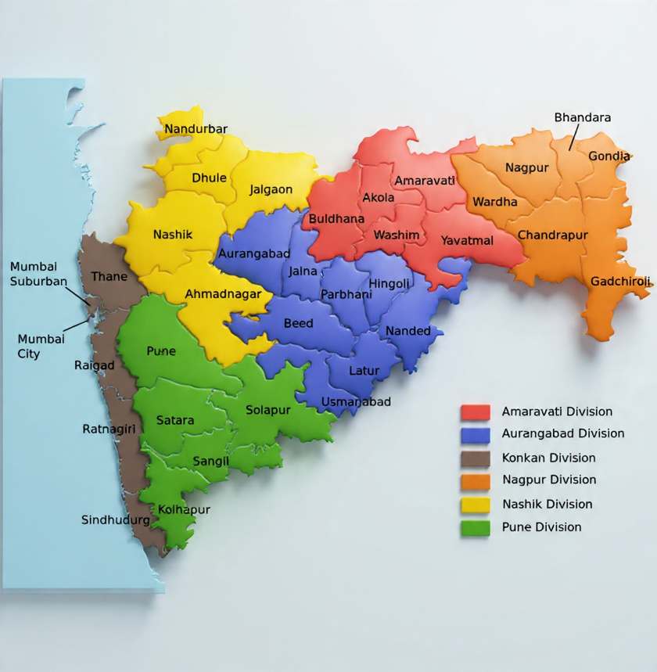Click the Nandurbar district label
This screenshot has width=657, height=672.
(x=196, y=129)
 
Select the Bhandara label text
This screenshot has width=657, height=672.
(x=583, y=117)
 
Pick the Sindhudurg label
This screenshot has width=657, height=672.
(x=116, y=519)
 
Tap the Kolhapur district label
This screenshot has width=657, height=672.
(x=184, y=509)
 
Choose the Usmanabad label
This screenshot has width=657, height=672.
(x=356, y=402)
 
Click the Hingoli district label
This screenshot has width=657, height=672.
(x=389, y=283)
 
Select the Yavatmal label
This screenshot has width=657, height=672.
(x=467, y=240)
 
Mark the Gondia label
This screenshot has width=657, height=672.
(x=609, y=156)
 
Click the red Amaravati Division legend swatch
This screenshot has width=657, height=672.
(x=476, y=411)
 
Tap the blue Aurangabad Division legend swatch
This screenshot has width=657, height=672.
(x=476, y=434)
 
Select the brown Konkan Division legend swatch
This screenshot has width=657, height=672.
(x=476, y=458)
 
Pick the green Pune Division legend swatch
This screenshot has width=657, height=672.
(x=476, y=527)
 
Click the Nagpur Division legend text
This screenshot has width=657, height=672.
(x=549, y=480)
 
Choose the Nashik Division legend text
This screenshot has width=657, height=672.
(x=547, y=504)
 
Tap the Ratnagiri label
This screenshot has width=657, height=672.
(x=109, y=429)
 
